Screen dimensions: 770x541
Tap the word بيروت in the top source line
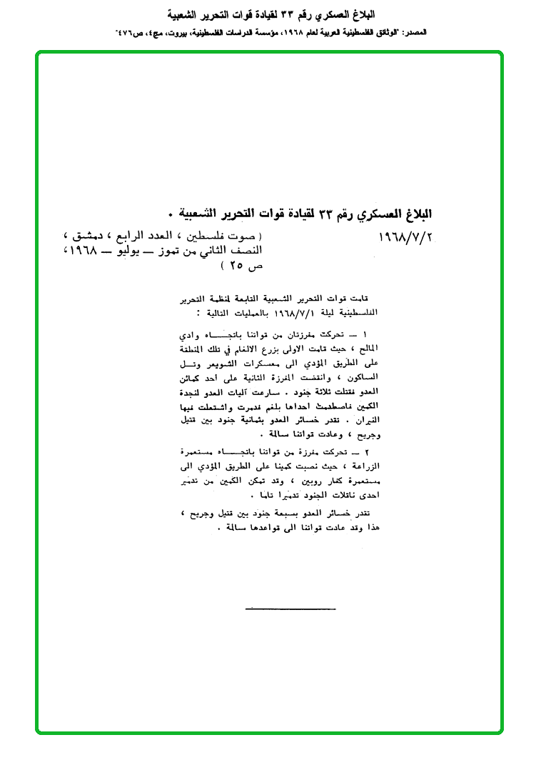point(188,33)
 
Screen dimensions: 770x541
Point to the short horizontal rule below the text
point(290,609)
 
